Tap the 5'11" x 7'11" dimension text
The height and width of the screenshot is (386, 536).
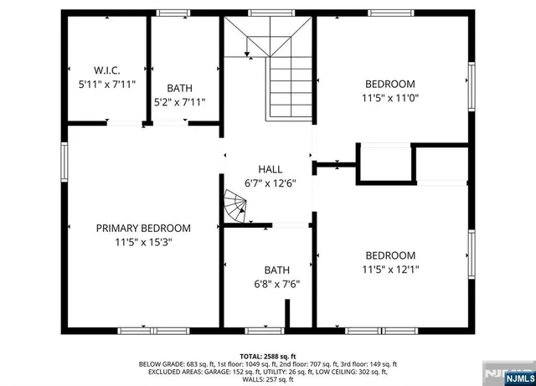(x=107, y=85)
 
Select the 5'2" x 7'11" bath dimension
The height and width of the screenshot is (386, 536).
(x=179, y=102)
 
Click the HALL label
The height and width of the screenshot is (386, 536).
(x=269, y=169)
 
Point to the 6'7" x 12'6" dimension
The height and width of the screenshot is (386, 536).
(x=269, y=183)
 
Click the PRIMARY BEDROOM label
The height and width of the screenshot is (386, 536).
(x=143, y=228)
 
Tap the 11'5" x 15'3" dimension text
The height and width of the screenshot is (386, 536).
(x=143, y=242)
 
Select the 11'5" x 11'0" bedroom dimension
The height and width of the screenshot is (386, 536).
(x=389, y=98)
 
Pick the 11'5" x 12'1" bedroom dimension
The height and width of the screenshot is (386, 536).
(x=389, y=270)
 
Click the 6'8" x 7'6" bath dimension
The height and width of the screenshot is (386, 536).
(x=276, y=284)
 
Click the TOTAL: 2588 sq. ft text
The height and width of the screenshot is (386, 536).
(x=268, y=356)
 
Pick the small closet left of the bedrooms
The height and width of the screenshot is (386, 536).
(x=384, y=163)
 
